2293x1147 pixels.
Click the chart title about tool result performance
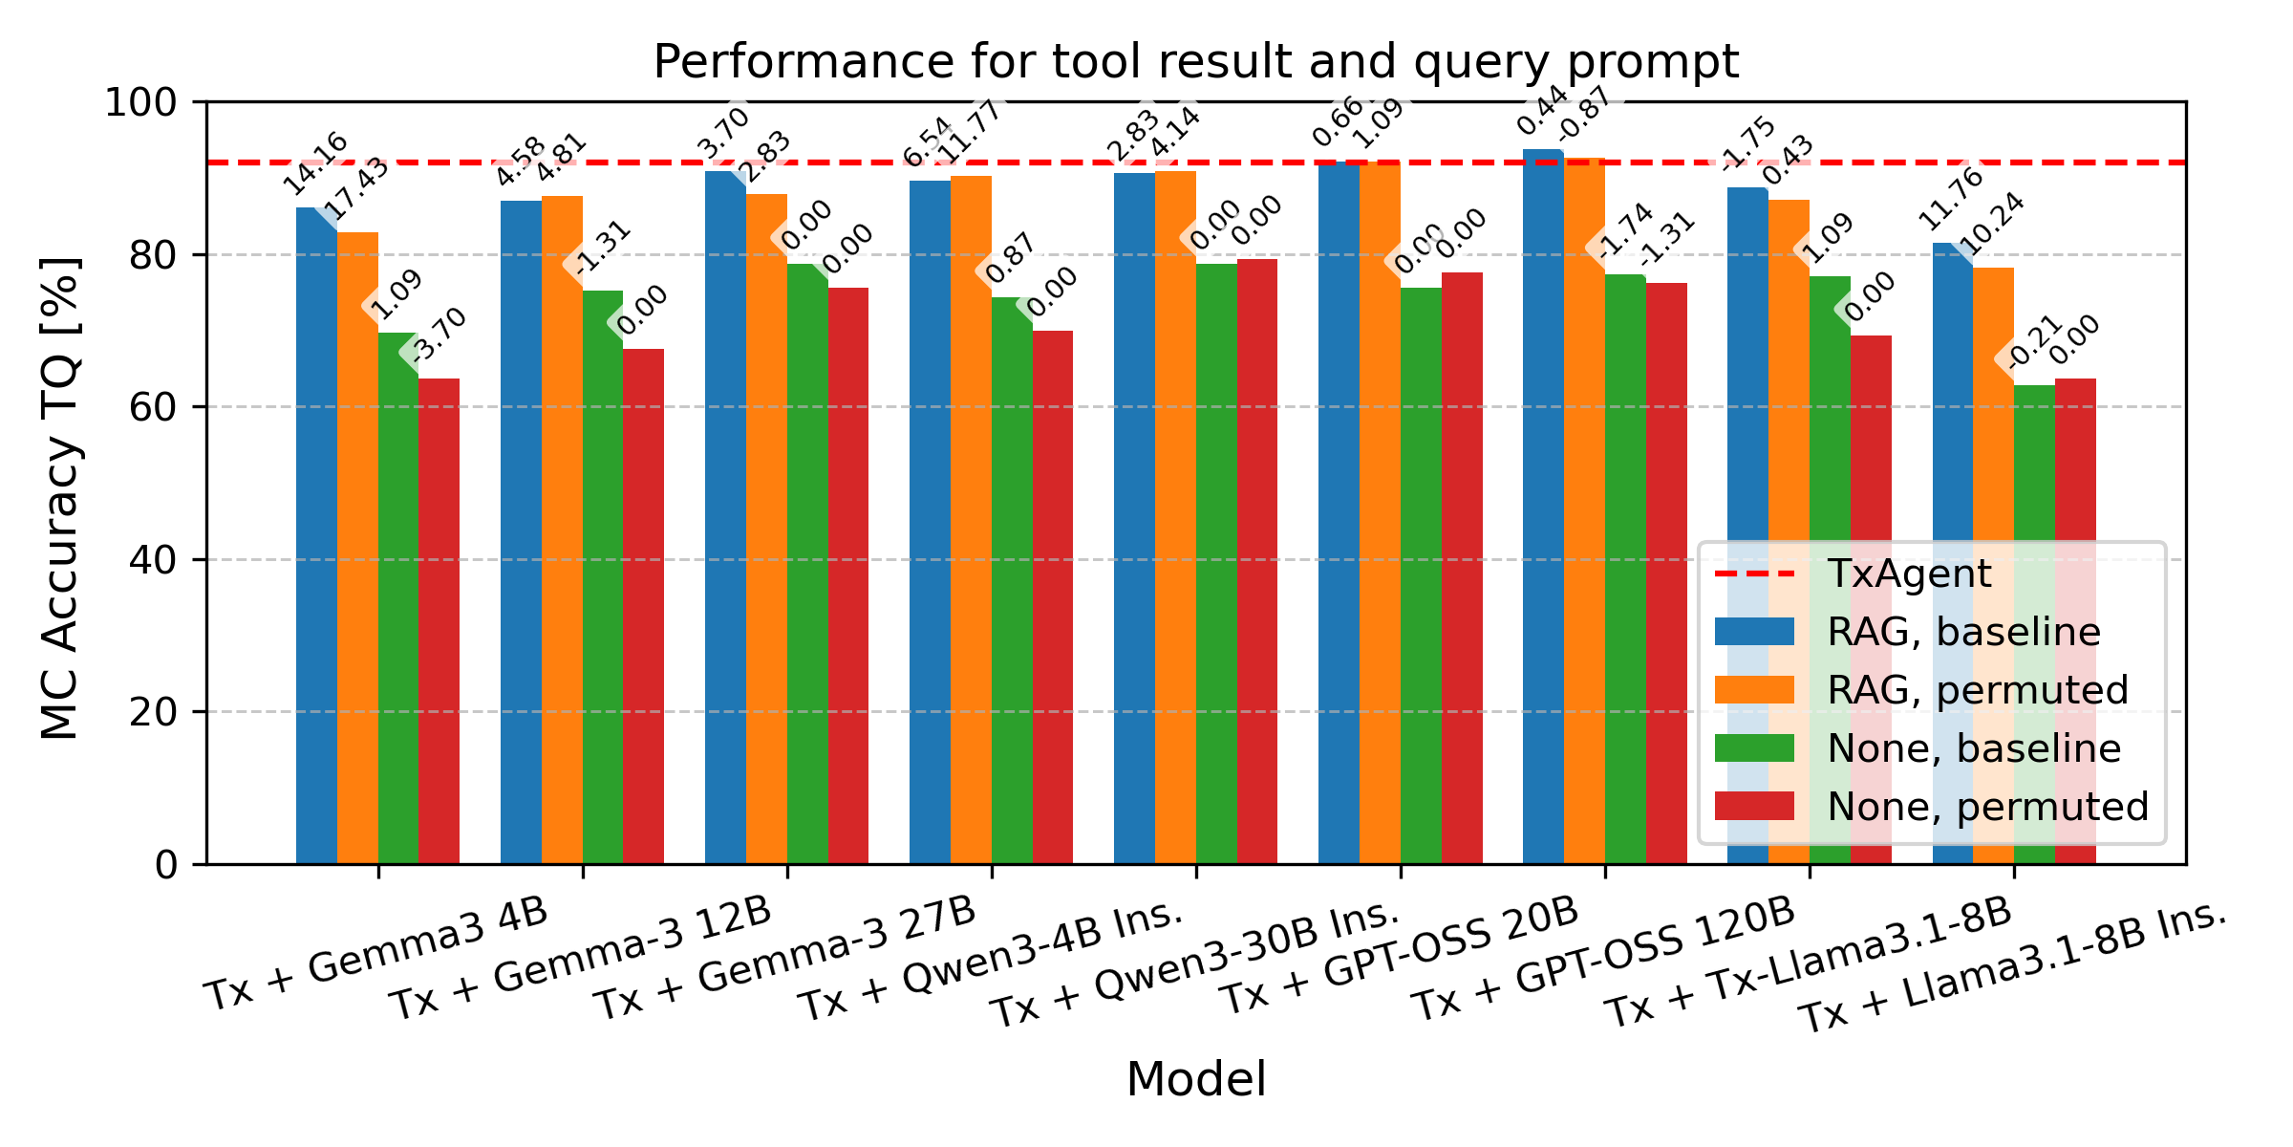coord(1195,63)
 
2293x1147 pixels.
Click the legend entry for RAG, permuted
coord(1977,690)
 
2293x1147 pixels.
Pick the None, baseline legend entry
coord(1973,748)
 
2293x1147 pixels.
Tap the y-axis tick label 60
coord(153,407)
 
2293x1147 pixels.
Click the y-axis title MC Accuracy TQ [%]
coord(61,497)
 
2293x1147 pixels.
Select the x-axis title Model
coord(1195,1080)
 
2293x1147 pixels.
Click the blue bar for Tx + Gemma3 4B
coord(316,535)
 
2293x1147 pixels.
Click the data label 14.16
coord(315,163)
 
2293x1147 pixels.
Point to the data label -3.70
coord(439,334)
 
